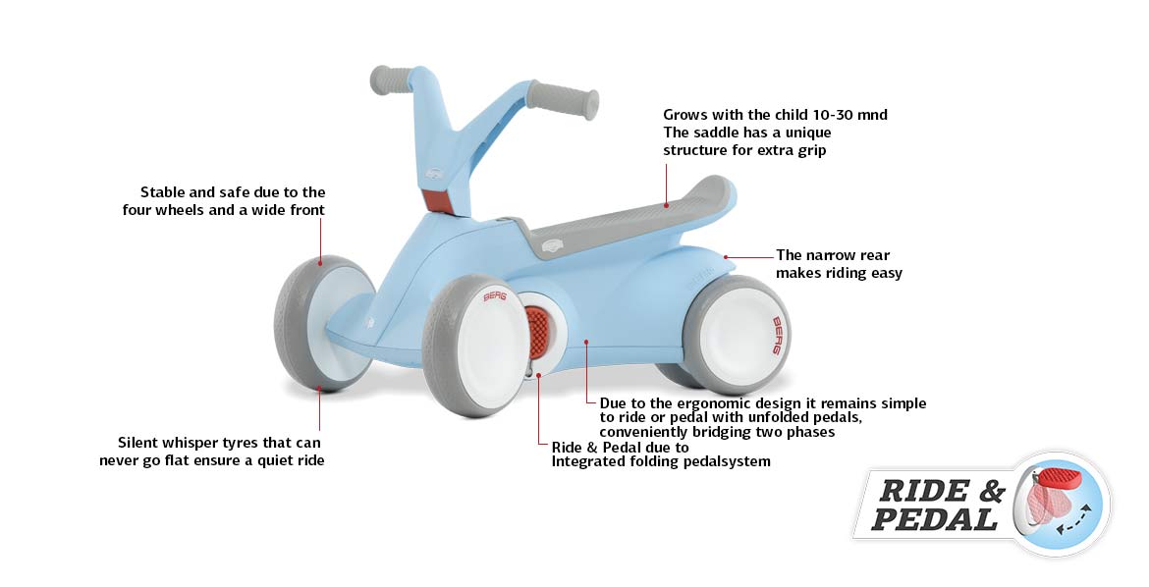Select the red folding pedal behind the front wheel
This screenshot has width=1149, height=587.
coord(535,332)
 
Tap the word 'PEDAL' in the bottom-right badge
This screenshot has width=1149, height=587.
coord(933,519)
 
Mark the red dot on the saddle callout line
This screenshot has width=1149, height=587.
coord(665,205)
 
